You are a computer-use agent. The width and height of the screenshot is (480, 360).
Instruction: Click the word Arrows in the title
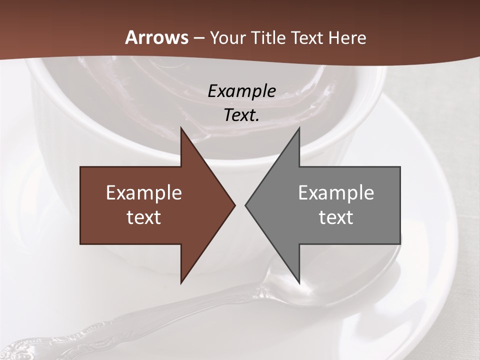157,38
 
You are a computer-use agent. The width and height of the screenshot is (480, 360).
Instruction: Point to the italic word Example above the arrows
242,91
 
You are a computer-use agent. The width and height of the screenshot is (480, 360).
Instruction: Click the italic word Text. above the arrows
242,115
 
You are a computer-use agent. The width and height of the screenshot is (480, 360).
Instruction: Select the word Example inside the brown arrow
144,193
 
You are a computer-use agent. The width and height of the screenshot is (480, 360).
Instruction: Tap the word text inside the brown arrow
144,217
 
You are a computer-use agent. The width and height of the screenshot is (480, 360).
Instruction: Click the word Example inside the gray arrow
336,193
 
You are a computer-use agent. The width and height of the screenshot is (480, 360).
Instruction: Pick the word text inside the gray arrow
336,217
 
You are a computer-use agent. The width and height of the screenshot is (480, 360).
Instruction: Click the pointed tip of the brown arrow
235,205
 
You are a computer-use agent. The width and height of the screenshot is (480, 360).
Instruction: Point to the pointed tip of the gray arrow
245,205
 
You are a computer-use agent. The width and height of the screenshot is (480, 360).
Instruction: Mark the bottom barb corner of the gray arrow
299,283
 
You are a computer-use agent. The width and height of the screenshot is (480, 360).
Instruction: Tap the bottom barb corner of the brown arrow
181,283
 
